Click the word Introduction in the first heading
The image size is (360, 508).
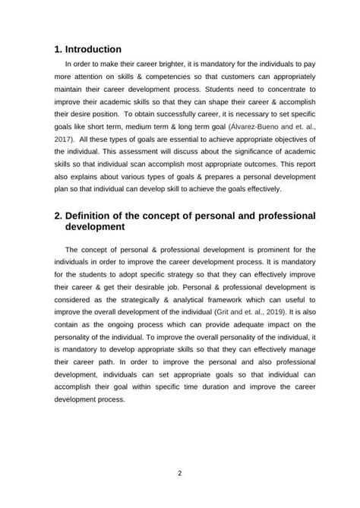(x=94, y=49)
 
